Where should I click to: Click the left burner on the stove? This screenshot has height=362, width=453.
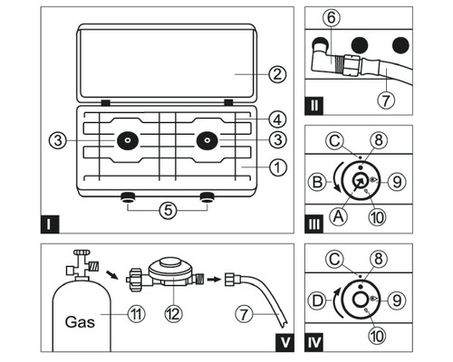tap(128, 140)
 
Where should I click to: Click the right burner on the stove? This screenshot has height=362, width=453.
tap(207, 140)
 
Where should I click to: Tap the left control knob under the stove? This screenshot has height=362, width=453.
tap(128, 197)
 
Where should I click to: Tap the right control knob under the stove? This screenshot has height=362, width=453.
tap(207, 197)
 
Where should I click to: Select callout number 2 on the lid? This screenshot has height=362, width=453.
tap(277, 74)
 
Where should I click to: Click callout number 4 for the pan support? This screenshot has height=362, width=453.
tap(277, 119)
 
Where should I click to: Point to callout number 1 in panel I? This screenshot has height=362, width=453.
tap(277, 167)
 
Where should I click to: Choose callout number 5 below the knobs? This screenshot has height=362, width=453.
tap(168, 210)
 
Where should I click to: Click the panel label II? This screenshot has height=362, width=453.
tap(314, 106)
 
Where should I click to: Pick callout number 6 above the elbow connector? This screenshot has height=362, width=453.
tap(332, 18)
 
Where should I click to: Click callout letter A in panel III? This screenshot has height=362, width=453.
tap(339, 216)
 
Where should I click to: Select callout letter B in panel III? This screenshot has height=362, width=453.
tap(317, 182)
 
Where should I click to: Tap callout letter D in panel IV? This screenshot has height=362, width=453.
tap(317, 300)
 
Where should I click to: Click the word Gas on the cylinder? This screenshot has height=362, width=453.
tap(80, 322)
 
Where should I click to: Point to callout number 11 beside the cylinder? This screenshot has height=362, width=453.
tap(137, 314)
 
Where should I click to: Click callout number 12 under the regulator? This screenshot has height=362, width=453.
tap(174, 314)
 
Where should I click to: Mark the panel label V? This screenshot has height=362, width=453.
tap(285, 342)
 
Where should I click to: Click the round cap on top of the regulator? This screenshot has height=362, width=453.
tap(171, 262)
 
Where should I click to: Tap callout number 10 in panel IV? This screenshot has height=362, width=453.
tap(378, 336)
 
